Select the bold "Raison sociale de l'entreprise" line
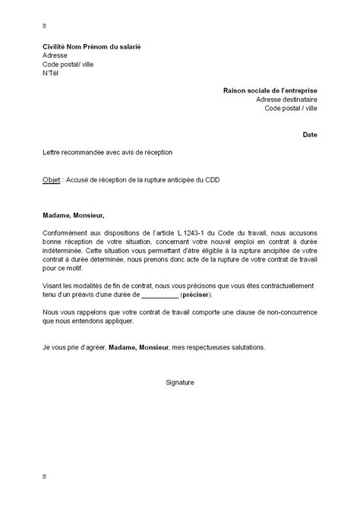(270, 90)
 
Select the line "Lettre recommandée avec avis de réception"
(108, 152)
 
